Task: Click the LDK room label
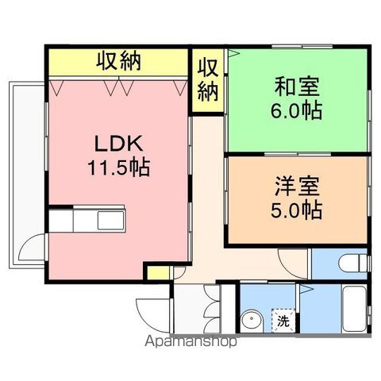(119, 144)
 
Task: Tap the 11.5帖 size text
(119, 167)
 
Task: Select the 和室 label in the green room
(297, 87)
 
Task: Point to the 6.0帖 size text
(296, 110)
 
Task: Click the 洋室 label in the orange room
(297, 187)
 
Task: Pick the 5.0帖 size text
(296, 210)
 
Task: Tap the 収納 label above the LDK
(118, 61)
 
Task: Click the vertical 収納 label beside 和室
(208, 80)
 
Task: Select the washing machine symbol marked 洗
(283, 321)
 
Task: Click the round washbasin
(252, 321)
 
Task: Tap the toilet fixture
(353, 264)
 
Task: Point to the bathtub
(354, 309)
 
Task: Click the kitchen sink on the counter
(110, 220)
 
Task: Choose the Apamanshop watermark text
(190, 341)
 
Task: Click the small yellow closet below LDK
(158, 273)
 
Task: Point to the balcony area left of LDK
(27, 175)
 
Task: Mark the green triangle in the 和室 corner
(233, 53)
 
